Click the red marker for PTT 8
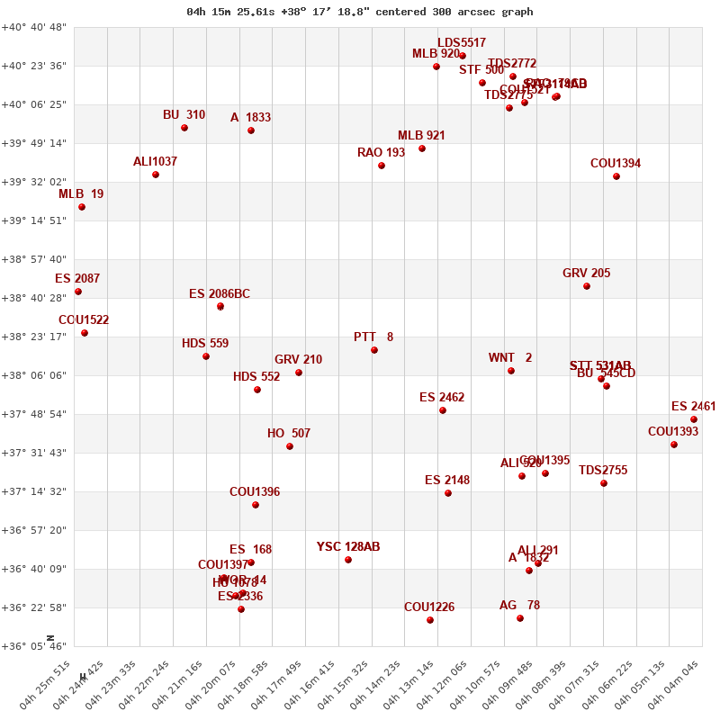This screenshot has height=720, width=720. (374, 350)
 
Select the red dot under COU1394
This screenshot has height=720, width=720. (616, 176)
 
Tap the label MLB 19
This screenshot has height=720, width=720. (81, 194)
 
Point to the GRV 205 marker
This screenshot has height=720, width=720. (587, 286)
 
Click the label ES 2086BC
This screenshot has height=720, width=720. (220, 294)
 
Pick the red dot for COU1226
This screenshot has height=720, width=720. (430, 619)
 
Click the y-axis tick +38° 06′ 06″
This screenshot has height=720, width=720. (35, 375)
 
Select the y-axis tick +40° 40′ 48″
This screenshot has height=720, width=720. (35, 27)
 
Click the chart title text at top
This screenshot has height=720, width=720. (360, 12)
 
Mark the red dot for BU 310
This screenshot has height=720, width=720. (184, 128)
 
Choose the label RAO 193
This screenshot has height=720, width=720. (381, 153)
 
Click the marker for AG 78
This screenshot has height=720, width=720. (520, 618)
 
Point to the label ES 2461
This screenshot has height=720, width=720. (693, 407)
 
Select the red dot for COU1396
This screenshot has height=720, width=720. (256, 505)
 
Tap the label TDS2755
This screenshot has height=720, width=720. (603, 471)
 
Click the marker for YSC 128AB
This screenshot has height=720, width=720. (348, 560)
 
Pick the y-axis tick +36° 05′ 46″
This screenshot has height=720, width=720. (35, 646)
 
